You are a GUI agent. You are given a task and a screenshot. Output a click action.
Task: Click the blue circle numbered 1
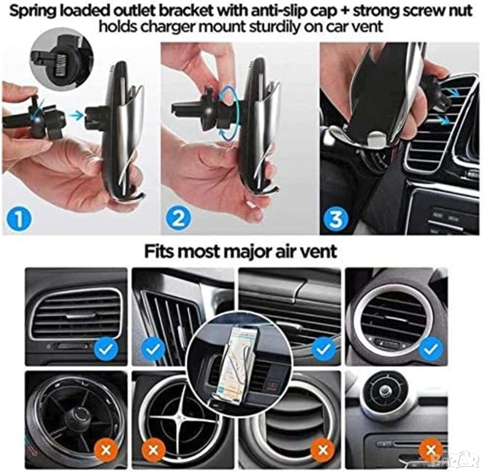(x=19, y=218)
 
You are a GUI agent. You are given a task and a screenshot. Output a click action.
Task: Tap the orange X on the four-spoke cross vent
(x=153, y=450)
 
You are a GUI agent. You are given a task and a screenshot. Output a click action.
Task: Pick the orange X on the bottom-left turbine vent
(x=106, y=450)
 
